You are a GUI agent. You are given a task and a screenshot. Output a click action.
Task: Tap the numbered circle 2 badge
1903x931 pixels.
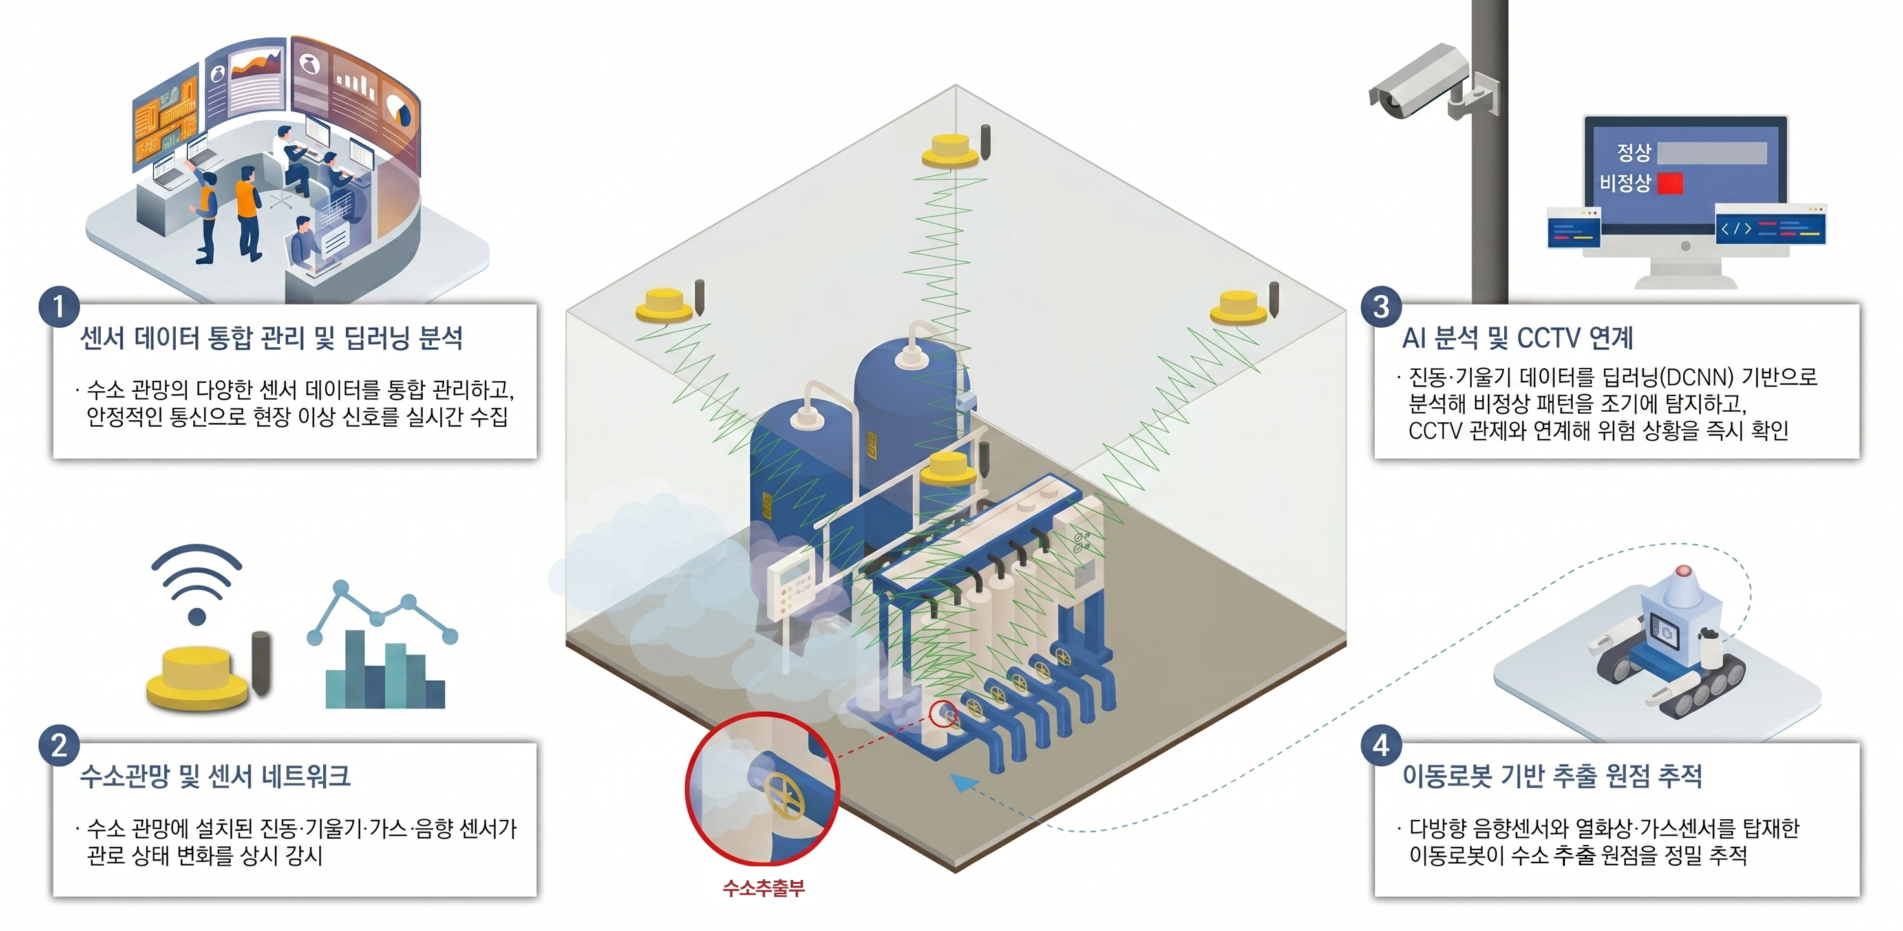(x=59, y=745)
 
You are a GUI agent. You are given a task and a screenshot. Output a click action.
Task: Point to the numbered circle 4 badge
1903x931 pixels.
(x=1381, y=745)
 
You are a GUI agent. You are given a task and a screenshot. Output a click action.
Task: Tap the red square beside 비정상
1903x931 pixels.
(x=1670, y=182)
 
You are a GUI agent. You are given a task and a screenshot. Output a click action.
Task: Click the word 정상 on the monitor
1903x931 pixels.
(x=1634, y=152)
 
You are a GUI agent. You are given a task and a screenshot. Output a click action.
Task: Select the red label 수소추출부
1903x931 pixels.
(x=763, y=888)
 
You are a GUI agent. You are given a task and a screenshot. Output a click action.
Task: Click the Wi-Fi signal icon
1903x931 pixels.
(x=197, y=584)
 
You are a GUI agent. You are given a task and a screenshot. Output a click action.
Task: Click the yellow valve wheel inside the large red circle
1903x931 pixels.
(x=785, y=796)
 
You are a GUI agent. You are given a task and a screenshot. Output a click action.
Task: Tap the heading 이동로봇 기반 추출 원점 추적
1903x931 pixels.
(x=1552, y=776)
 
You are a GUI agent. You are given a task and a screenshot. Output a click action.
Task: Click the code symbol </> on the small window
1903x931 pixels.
(x=1736, y=228)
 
